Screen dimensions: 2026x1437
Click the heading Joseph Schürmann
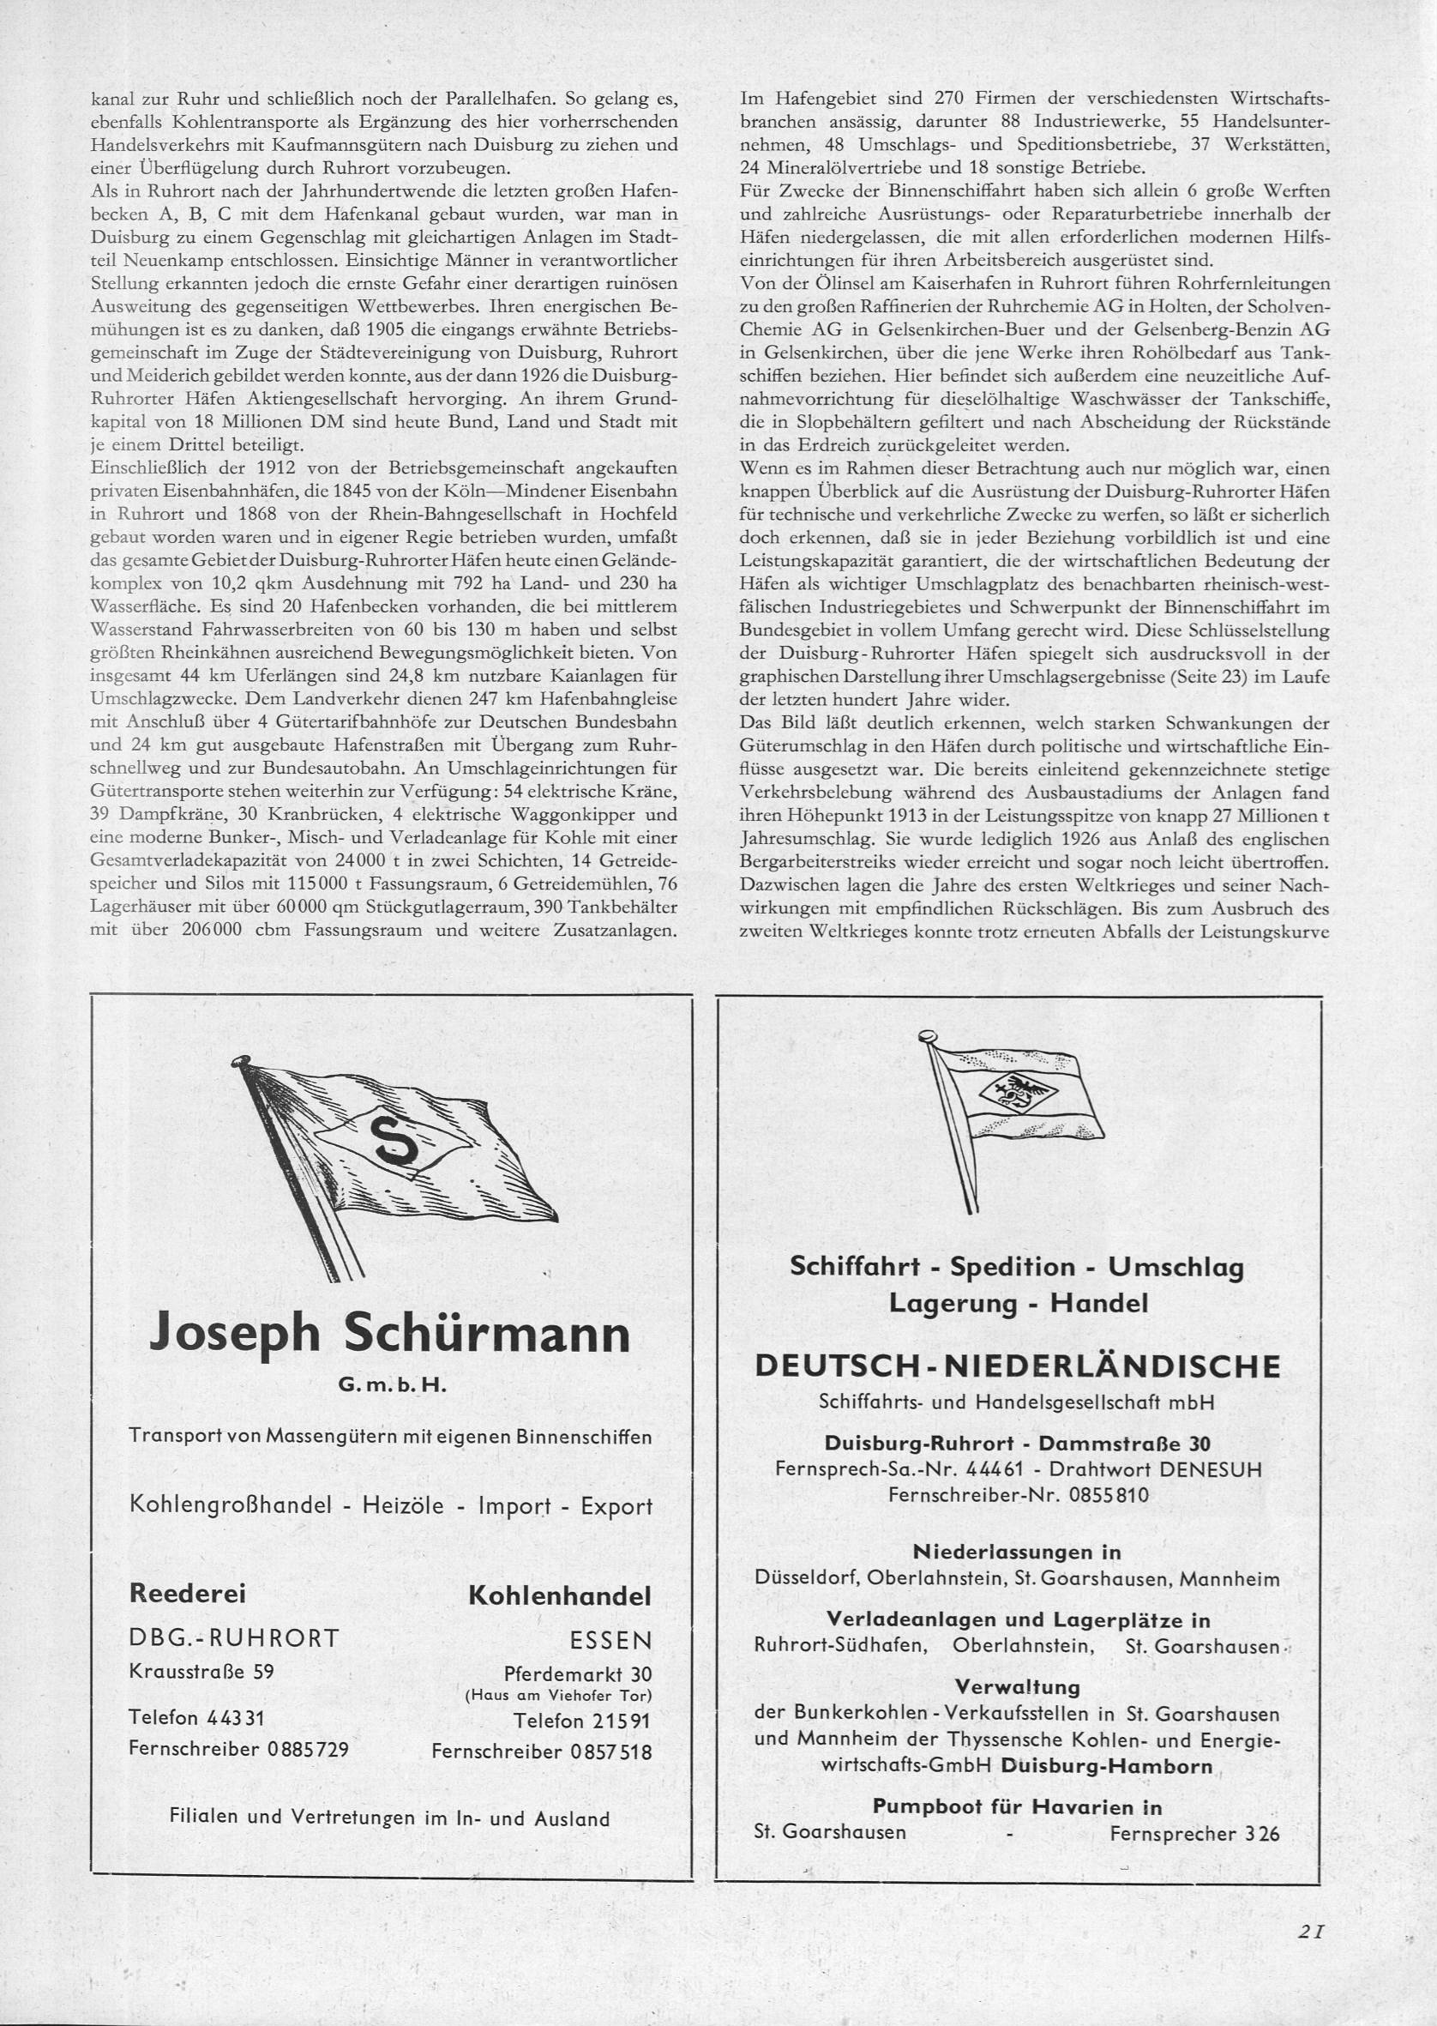click(x=390, y=1334)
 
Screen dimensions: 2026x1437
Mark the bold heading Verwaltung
click(x=1018, y=1686)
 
